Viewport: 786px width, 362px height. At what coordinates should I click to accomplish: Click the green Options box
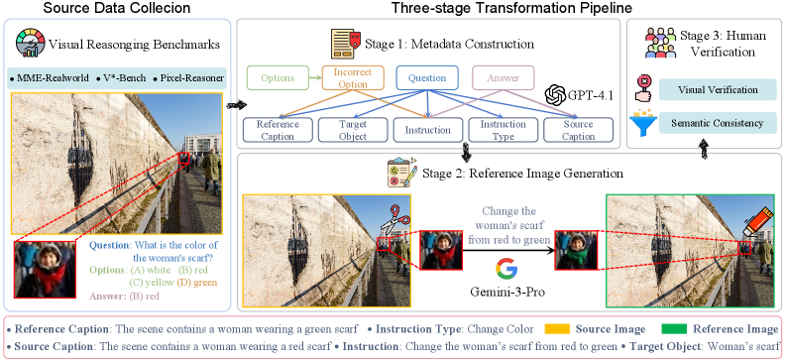click(278, 78)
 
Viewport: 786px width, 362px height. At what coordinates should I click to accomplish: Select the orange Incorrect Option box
click(353, 78)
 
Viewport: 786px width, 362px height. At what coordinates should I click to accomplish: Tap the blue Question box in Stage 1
click(427, 78)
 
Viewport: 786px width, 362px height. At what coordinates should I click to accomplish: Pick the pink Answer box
click(504, 78)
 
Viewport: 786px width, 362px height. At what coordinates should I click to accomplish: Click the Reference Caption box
click(278, 130)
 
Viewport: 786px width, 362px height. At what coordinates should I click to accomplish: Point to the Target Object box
click(353, 130)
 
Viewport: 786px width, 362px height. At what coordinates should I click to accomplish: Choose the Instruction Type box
click(503, 130)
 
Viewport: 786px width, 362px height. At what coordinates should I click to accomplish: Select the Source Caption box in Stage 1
click(578, 130)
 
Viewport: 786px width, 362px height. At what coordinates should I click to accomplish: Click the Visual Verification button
click(718, 89)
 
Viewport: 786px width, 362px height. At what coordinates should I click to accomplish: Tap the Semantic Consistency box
click(718, 123)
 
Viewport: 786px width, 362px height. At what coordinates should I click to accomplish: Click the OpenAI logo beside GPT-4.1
click(555, 94)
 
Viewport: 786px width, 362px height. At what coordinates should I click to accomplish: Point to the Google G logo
click(506, 269)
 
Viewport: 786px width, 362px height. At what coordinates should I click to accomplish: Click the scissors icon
click(395, 219)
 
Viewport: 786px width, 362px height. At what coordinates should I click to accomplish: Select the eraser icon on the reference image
click(756, 222)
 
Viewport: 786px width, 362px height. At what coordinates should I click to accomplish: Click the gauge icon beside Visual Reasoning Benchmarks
click(30, 43)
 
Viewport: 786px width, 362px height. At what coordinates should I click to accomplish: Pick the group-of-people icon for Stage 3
click(660, 43)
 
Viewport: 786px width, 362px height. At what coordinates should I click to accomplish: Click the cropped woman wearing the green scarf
click(576, 250)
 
